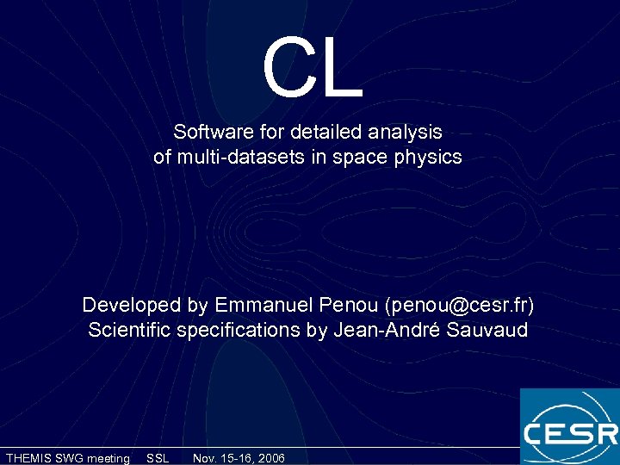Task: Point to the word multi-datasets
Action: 234,158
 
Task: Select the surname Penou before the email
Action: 350,305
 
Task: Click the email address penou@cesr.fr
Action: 461,306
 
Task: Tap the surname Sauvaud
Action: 488,331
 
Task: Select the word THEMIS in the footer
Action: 28,458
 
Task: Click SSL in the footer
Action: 158,458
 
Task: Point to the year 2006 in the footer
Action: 268,458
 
